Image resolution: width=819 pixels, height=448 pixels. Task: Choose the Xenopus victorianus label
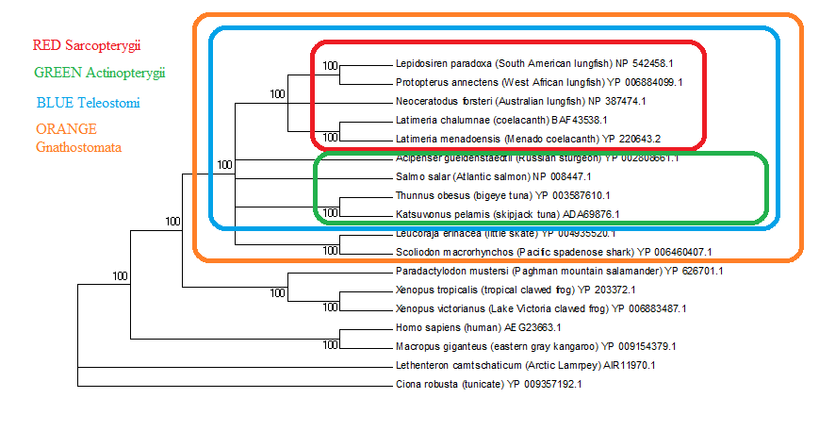coord(541,308)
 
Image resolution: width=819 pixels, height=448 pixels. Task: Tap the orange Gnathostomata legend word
coord(80,147)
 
